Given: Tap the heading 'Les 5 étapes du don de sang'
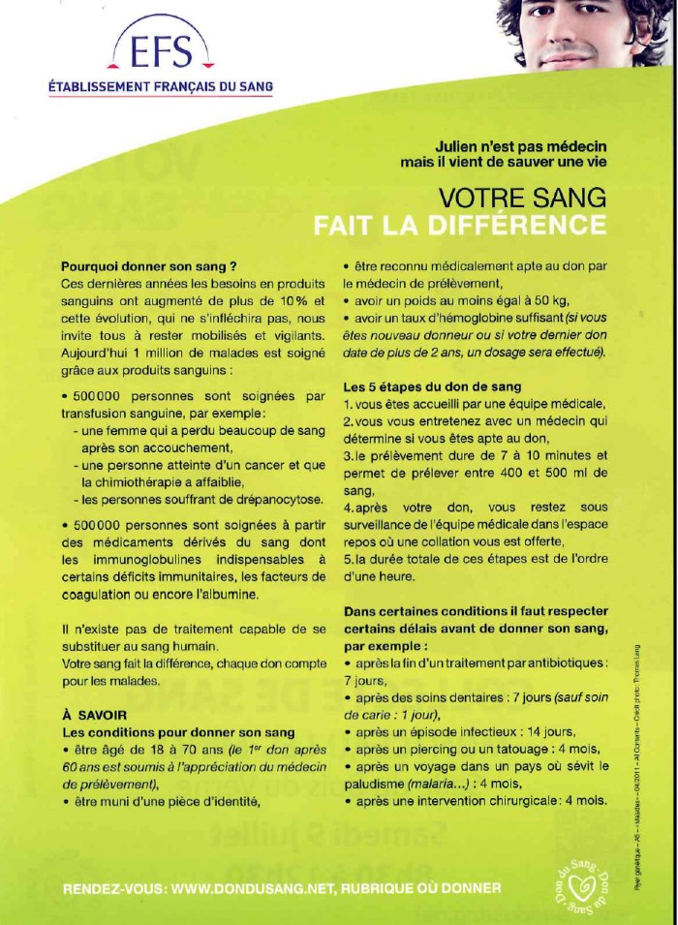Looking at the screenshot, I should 432,387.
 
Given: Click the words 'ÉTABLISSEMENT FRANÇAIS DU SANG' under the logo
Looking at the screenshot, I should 161,87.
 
